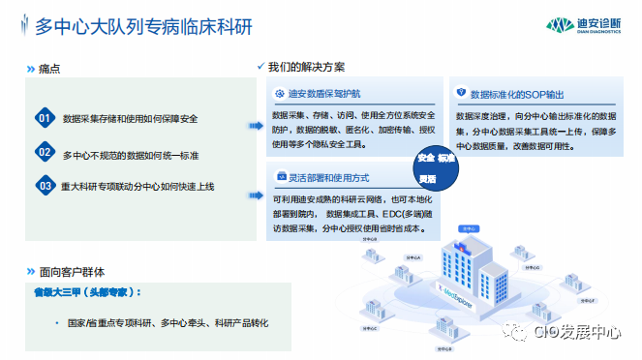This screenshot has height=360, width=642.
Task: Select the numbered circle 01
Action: pos(43,119)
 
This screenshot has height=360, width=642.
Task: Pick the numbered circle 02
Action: pos(43,152)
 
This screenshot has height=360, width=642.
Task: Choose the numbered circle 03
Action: pos(43,184)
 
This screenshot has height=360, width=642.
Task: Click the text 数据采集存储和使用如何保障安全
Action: pos(130,119)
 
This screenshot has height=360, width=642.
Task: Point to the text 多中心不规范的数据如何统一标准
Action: pos(130,153)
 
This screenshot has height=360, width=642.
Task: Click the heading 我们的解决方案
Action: pos(306,67)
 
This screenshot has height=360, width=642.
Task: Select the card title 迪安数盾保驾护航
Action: pos(324,94)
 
